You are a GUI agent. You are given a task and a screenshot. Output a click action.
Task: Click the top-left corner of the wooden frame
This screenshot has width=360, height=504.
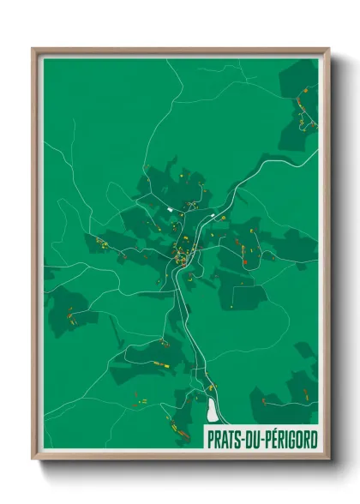tap(33, 50)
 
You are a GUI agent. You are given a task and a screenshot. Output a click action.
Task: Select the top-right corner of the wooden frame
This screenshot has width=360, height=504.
tap(328, 50)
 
